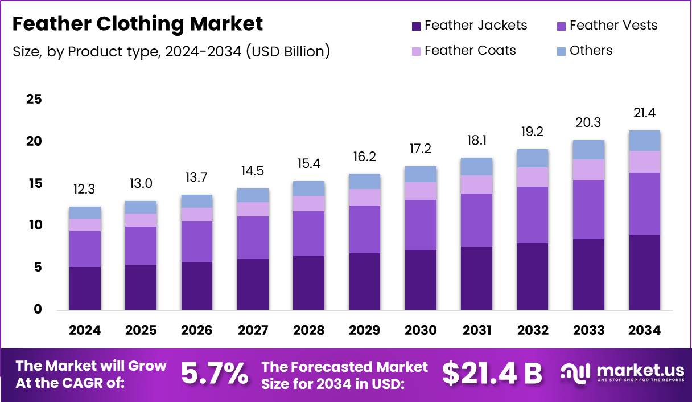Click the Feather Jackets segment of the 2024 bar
(x=85, y=288)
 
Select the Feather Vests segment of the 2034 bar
(x=645, y=203)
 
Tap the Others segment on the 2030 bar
(x=421, y=174)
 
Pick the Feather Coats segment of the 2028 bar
(x=308, y=204)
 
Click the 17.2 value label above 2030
(x=421, y=149)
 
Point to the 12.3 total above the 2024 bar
(x=85, y=189)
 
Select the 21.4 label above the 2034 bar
(x=645, y=113)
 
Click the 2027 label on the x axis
(x=253, y=330)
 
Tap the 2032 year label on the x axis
(x=533, y=330)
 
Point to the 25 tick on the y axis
(x=34, y=100)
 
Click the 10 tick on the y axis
(x=34, y=225)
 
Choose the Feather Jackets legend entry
(x=469, y=26)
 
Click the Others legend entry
(x=590, y=50)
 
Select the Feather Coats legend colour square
(x=416, y=51)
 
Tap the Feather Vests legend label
(x=613, y=26)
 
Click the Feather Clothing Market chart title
(x=137, y=24)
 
